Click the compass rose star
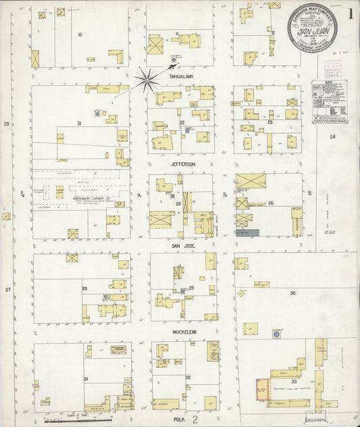point(146,80)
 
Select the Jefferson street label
point(182,164)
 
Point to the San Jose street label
point(182,246)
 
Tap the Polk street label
point(179,419)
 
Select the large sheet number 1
point(351,14)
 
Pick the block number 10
point(80,34)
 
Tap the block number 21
point(79,124)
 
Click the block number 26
point(270,203)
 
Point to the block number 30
point(293,293)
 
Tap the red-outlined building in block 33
point(261,390)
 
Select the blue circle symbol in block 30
point(276,334)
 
